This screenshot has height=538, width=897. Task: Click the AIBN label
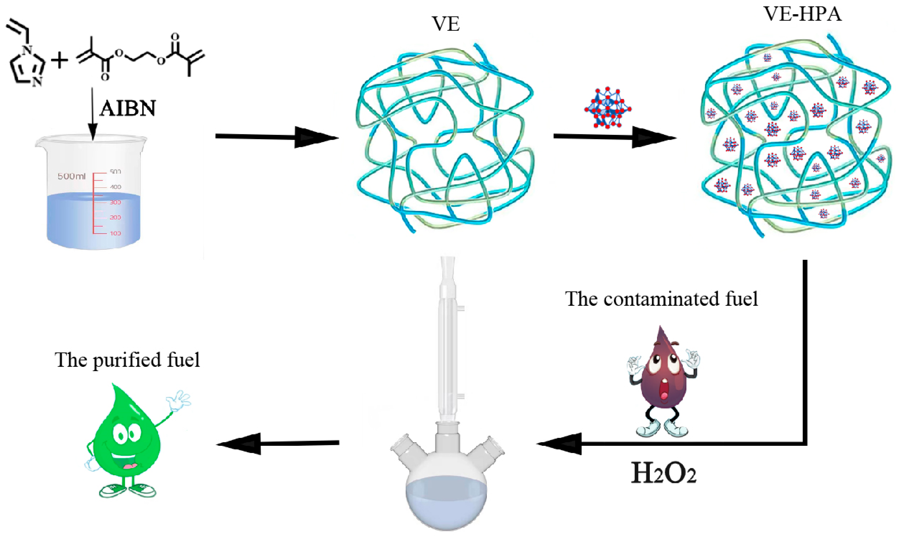click(127, 108)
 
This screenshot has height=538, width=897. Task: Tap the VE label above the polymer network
click(446, 25)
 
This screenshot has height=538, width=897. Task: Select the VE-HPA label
click(803, 15)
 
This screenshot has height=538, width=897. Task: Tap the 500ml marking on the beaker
click(71, 177)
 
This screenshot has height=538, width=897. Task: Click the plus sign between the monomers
click(60, 60)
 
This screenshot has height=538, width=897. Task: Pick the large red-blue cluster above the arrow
click(607, 108)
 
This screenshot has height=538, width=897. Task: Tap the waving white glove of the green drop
click(179, 401)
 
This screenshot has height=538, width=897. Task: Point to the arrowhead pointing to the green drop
click(239, 444)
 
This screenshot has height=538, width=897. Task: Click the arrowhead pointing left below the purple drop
click(560, 444)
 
